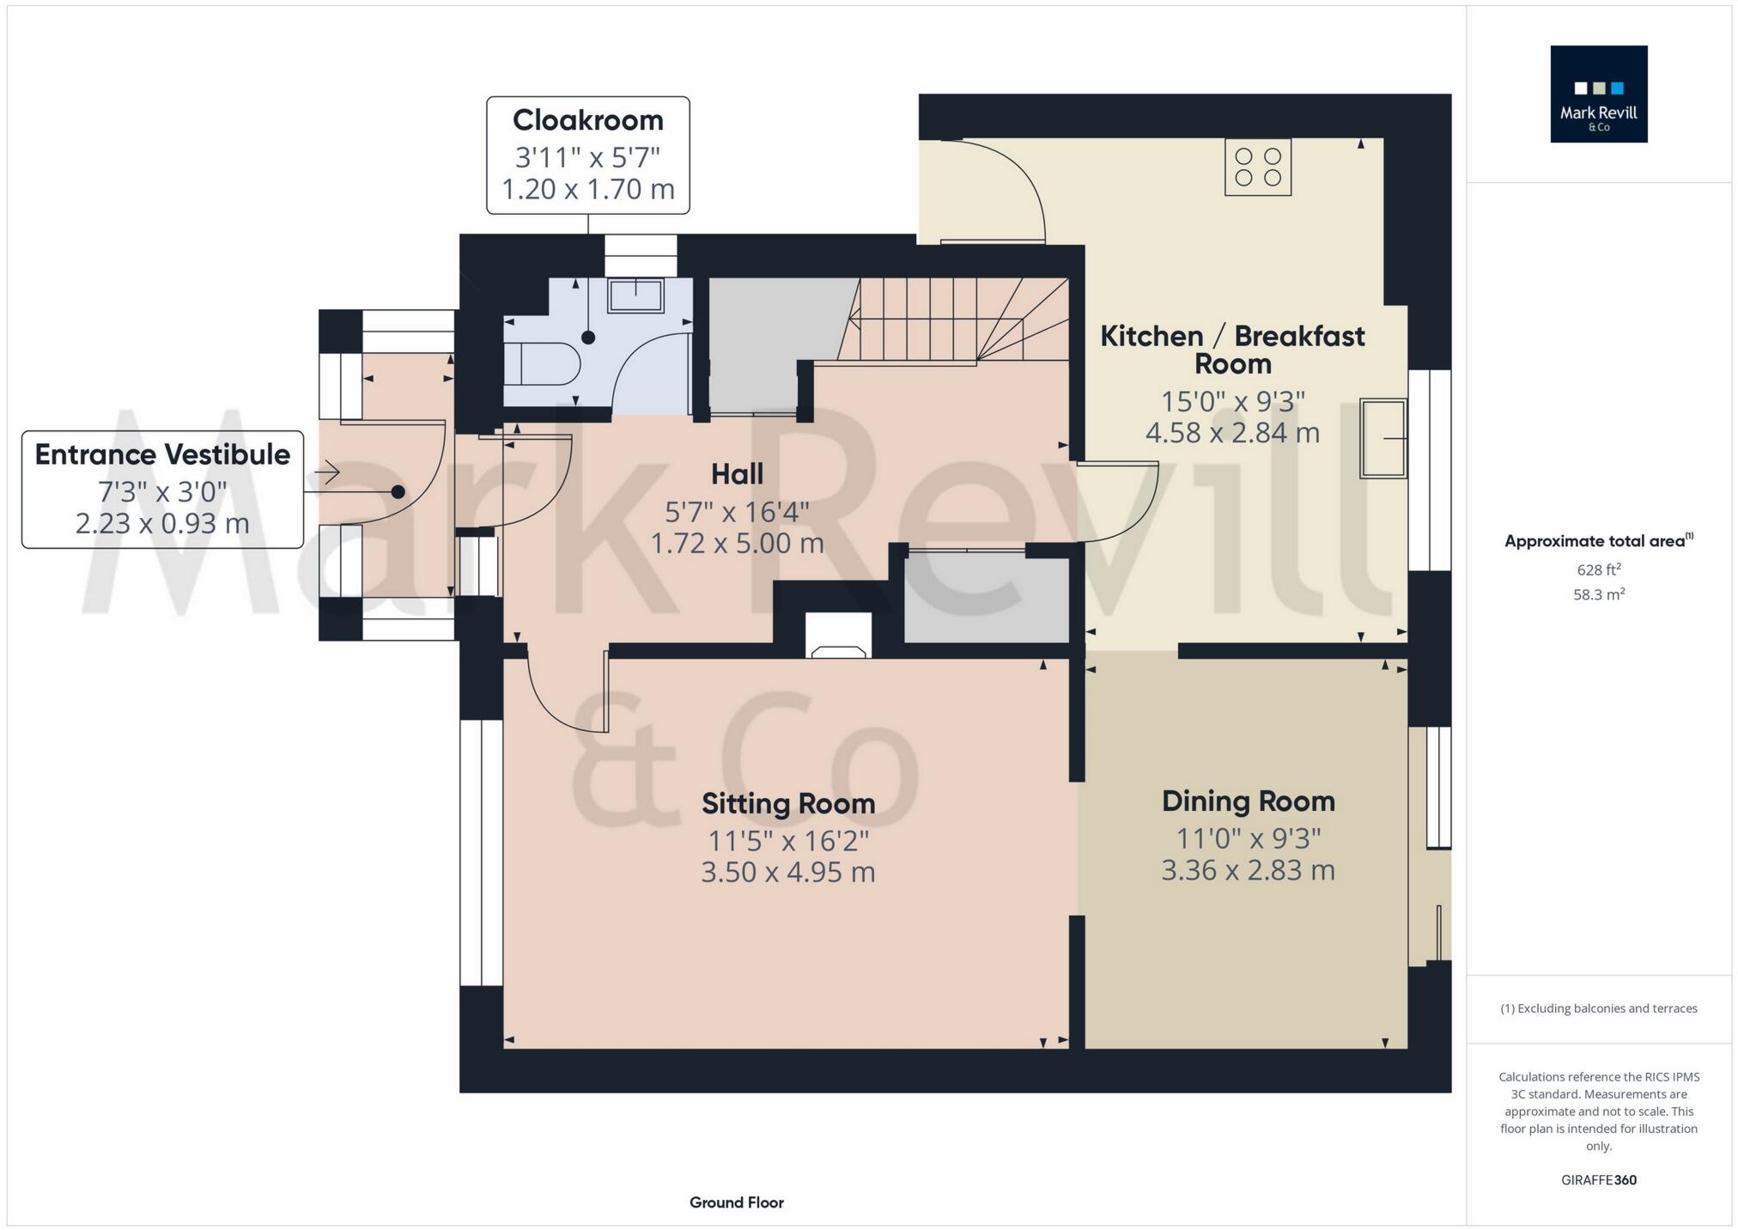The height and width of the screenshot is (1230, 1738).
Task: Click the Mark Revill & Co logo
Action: pyautogui.click(x=1598, y=94)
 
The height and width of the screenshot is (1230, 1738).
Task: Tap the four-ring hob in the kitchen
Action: pyautogui.click(x=1257, y=167)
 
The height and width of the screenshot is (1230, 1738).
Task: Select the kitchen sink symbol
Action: pyautogui.click(x=1382, y=438)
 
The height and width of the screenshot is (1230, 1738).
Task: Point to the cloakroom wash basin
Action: pyautogui.click(x=635, y=295)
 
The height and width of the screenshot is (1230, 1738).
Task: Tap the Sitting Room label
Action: pyautogui.click(x=788, y=803)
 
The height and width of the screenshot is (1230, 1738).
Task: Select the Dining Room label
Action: pyautogui.click(x=1248, y=801)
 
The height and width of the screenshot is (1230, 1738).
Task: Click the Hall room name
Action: pyautogui.click(x=737, y=473)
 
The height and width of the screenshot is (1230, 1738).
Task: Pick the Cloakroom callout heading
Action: pyautogui.click(x=588, y=120)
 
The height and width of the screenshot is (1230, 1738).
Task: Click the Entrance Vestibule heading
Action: pyautogui.click(x=162, y=454)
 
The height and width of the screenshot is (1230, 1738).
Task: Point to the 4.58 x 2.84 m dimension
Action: pyautogui.click(x=1232, y=432)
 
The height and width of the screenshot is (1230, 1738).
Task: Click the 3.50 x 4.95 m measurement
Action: pyautogui.click(x=788, y=872)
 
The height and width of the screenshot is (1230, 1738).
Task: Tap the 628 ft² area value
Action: pyautogui.click(x=1598, y=569)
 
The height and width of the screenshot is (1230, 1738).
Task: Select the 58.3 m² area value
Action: pyautogui.click(x=1598, y=594)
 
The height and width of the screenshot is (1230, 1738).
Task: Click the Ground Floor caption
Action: pyautogui.click(x=736, y=1203)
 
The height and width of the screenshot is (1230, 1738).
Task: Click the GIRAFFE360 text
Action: pyautogui.click(x=1598, y=1180)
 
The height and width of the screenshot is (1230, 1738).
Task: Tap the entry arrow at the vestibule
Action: pyautogui.click(x=327, y=472)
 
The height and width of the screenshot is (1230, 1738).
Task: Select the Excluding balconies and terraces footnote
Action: pyautogui.click(x=1598, y=1008)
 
